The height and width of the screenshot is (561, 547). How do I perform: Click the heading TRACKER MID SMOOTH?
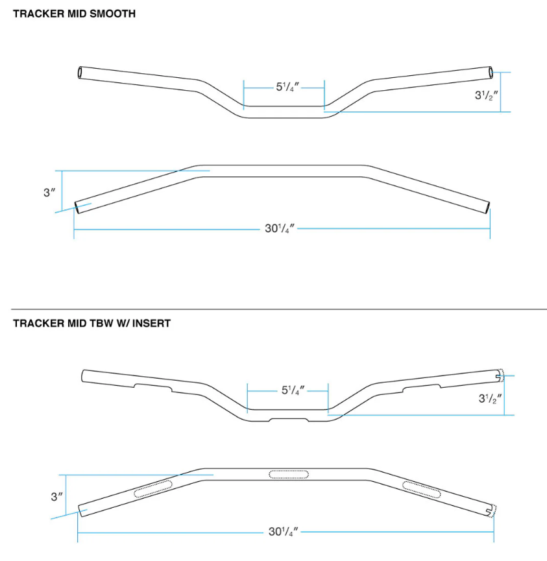(x=75, y=14)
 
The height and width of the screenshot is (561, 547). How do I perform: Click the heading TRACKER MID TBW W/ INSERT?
(x=92, y=323)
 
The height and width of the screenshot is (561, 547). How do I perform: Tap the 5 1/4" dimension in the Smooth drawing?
(x=284, y=87)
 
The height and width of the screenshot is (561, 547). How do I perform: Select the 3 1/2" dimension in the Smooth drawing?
(x=486, y=95)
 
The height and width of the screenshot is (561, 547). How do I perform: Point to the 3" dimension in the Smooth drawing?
(x=48, y=193)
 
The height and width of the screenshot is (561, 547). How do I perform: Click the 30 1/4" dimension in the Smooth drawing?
(x=280, y=228)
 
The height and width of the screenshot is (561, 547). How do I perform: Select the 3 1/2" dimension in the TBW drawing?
(x=490, y=399)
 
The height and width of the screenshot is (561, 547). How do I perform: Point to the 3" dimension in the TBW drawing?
(x=57, y=497)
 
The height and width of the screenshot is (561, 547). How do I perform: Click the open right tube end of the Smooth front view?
(x=491, y=70)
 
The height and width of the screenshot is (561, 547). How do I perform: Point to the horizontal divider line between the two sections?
(x=273, y=309)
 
